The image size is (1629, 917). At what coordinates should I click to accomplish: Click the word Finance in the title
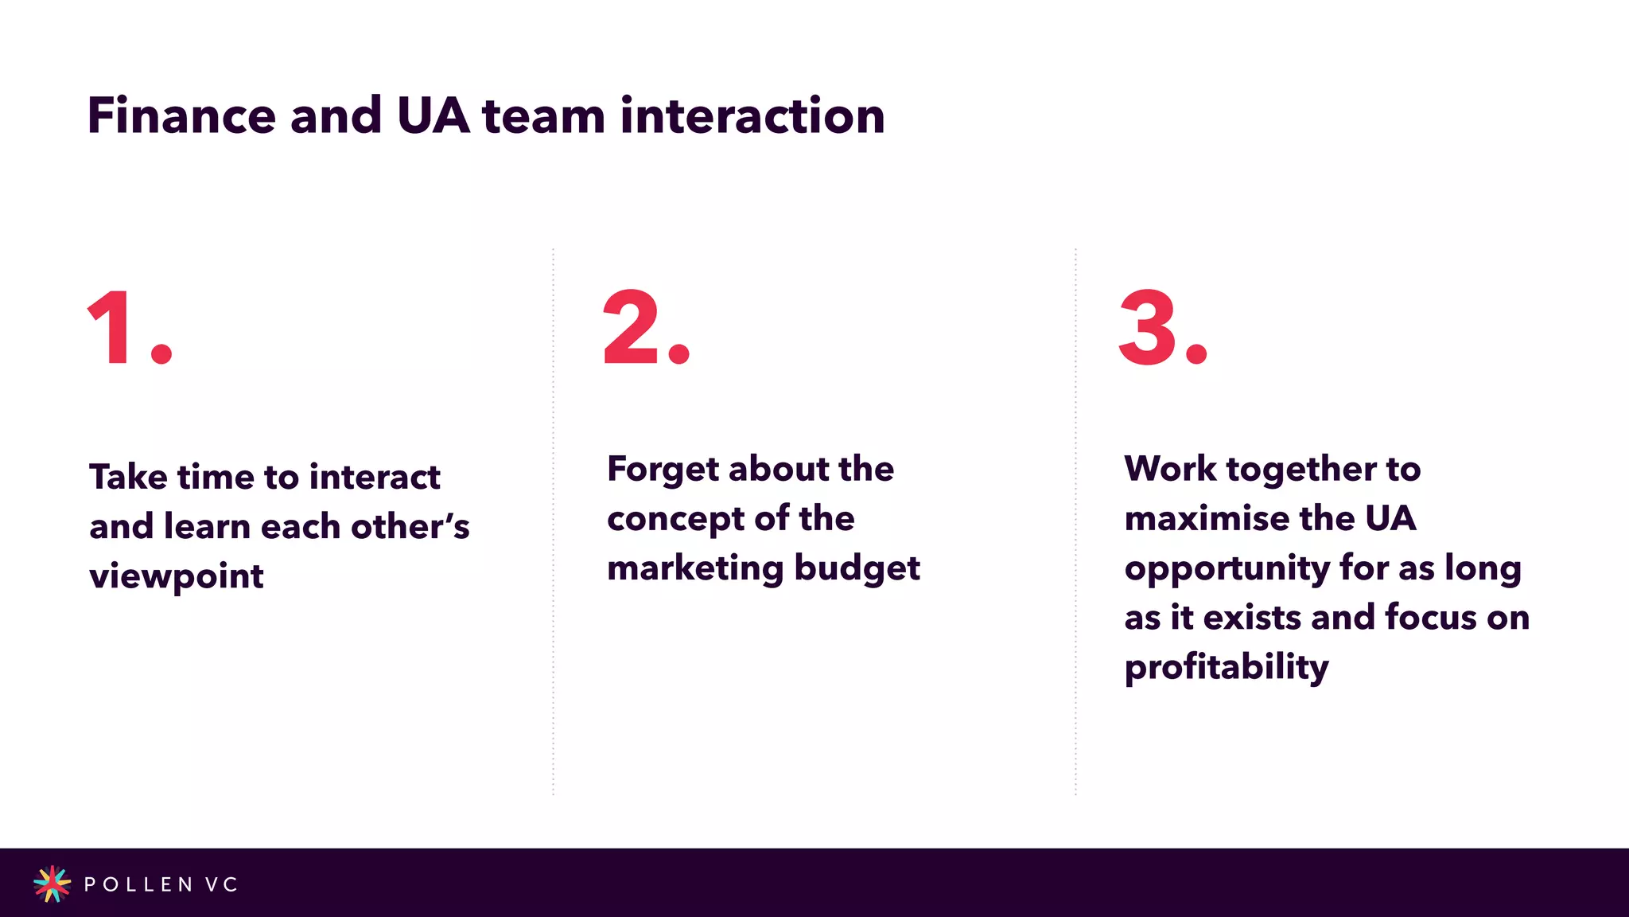tap(181, 116)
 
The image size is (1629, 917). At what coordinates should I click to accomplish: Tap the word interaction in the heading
tap(752, 116)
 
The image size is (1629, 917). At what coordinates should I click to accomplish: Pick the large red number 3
tap(1147, 327)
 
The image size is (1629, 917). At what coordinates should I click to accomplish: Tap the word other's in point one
tap(410, 527)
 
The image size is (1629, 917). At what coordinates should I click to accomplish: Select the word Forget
tap(663, 470)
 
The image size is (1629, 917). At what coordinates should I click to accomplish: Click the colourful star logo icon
tap(52, 884)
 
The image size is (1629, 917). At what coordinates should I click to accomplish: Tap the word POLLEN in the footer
tap(138, 884)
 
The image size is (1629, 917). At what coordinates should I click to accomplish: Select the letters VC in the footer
tap(221, 884)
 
